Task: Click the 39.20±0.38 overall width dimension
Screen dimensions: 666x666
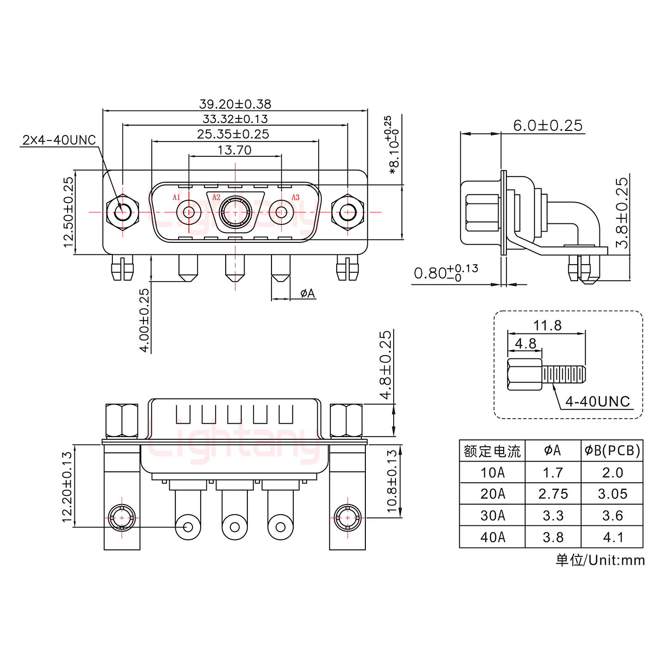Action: pos(235,104)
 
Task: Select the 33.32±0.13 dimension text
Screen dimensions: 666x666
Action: pos(235,119)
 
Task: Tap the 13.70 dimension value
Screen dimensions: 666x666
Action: pos(235,150)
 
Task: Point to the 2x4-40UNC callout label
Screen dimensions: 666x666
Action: pos(59,140)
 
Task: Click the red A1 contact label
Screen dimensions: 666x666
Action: pos(176,197)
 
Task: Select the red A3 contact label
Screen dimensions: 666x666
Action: pos(295,197)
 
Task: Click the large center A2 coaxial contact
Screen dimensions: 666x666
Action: pos(235,212)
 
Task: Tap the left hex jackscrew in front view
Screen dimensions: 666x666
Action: pos(123,213)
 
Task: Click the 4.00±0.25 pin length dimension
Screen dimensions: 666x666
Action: pos(144,320)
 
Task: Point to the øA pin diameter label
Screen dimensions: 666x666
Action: pos(308,293)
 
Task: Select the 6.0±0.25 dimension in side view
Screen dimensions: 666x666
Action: pos(548,125)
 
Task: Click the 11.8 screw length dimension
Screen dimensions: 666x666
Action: pos(547,326)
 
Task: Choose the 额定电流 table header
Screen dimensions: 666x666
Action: pos(492,451)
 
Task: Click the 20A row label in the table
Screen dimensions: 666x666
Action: pos(492,494)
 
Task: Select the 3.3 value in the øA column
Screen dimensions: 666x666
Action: pos(553,515)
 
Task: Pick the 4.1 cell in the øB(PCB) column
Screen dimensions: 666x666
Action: pos(612,537)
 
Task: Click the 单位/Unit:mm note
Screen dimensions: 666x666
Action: pos(600,560)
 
